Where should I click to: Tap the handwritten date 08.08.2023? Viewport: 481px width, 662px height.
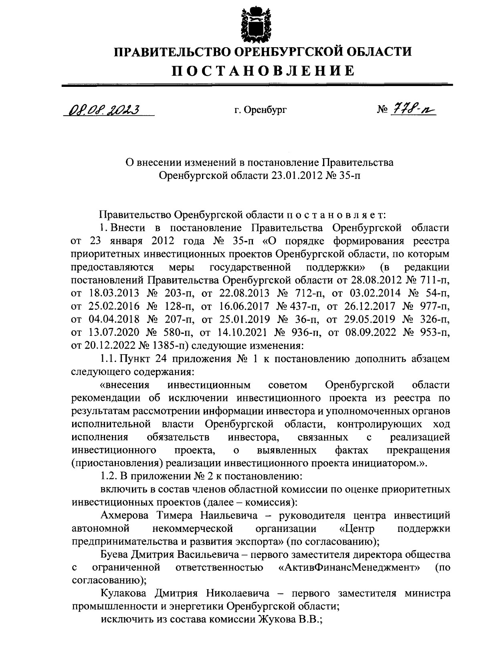point(103,109)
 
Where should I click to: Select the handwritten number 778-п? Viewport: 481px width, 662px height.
point(412,108)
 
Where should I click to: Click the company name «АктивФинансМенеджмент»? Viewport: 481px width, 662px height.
point(349,568)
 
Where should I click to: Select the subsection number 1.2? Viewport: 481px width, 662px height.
point(108,476)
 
